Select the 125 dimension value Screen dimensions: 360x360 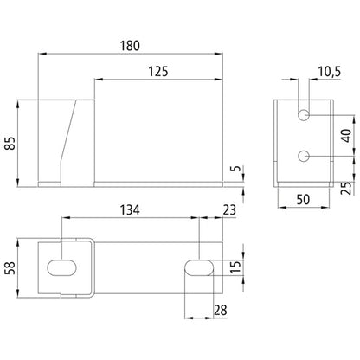157,72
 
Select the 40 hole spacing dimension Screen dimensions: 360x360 347,135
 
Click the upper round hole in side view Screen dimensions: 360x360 305,115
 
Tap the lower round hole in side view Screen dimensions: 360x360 305,156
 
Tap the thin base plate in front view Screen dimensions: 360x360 156,183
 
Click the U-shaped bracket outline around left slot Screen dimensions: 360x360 93,269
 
